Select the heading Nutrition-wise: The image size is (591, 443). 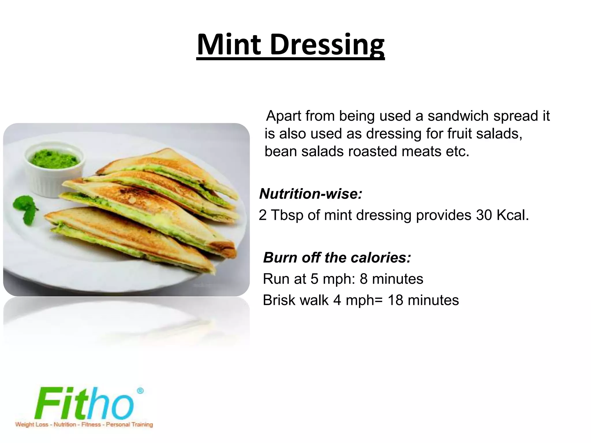311,194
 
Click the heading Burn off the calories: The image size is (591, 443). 337,257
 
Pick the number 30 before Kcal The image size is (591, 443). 483,215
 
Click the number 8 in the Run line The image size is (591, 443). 363,279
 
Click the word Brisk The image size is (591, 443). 281,300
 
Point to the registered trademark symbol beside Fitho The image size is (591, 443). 140,391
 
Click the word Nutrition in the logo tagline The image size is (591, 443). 65,425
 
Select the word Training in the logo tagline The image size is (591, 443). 141,425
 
